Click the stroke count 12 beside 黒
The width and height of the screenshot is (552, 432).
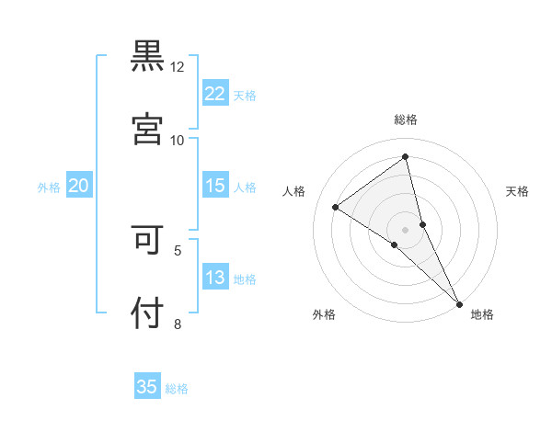tap(178, 67)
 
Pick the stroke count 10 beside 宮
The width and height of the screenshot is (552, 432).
tap(178, 140)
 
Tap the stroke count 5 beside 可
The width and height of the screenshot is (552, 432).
tap(178, 249)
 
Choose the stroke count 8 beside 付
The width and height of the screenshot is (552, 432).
tap(178, 323)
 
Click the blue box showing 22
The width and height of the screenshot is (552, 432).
tap(215, 94)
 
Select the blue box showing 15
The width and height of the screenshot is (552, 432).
tap(215, 186)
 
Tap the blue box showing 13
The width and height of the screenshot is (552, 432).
tap(215, 278)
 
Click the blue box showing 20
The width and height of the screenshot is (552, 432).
tap(78, 186)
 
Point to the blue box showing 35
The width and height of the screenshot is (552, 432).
tap(147, 387)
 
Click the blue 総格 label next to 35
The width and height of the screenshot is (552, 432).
tap(177, 389)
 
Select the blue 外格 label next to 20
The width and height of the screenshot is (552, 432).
tap(49, 188)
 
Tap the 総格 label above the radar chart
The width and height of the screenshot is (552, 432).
tap(406, 119)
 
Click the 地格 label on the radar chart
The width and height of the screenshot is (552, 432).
tap(482, 315)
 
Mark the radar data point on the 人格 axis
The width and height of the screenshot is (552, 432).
tap(336, 207)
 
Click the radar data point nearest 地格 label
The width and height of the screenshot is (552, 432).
tap(459, 302)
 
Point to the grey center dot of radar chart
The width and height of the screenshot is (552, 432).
tap(406, 229)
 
